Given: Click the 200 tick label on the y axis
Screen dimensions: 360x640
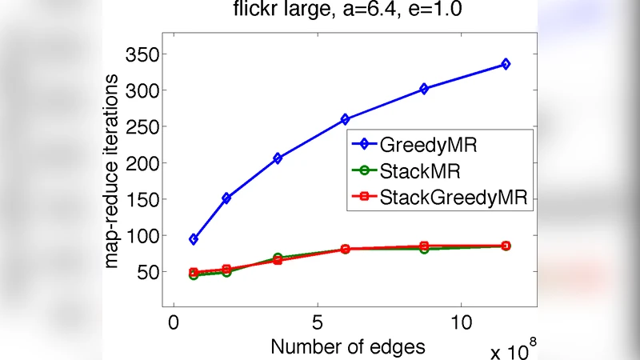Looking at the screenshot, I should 144,163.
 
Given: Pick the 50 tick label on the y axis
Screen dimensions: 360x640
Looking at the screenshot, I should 149,272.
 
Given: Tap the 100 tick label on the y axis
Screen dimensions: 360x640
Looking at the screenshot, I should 144,236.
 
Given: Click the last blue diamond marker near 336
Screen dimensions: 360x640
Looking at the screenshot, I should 506,64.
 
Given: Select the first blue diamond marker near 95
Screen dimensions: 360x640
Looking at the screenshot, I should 194,239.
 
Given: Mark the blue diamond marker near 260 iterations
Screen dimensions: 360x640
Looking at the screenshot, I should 345,119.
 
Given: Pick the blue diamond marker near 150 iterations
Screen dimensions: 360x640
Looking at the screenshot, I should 226,198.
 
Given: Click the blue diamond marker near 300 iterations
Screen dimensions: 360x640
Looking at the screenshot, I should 424,89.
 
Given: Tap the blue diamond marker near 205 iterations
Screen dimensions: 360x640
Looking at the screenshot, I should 278,158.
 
